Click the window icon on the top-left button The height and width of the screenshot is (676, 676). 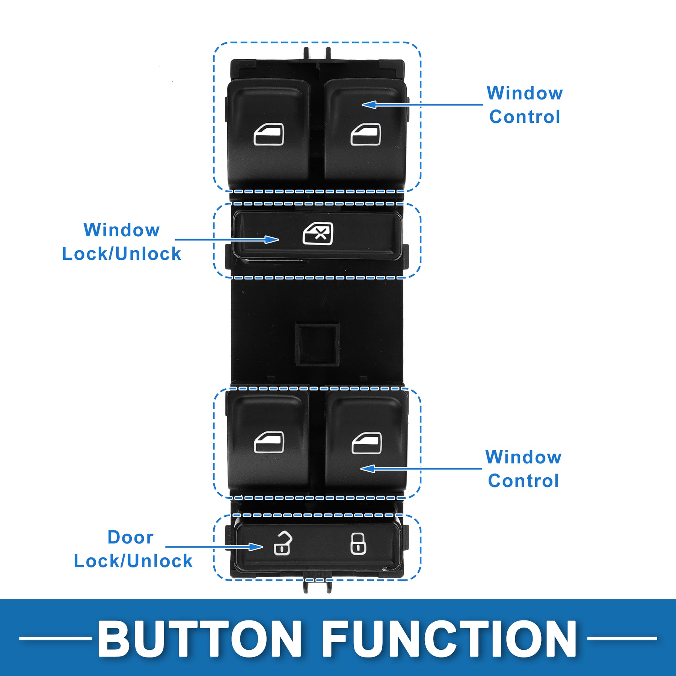pos(269,135)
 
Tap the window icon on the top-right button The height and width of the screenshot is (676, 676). pos(365,135)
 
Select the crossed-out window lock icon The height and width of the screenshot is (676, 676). pos(318,234)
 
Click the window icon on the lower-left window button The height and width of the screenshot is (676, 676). pos(269,442)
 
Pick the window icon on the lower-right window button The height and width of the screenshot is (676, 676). pos(367,443)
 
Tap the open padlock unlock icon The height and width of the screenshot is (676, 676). pos(282,543)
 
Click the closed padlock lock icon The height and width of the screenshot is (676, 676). pos(358,543)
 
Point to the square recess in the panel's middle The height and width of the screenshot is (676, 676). pos(317,344)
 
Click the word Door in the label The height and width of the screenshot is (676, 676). pos(130,537)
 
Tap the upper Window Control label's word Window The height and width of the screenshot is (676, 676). pos(525,93)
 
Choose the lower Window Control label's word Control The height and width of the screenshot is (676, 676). pos(523,481)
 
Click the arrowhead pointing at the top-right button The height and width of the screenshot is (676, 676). pos(369,104)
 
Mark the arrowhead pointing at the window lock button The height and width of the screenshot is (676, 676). pos(272,240)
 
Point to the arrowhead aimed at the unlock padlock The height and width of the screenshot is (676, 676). pos(256,547)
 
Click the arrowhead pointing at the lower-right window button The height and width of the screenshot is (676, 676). pos(368,469)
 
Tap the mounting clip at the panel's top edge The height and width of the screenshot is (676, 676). pos(317,54)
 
